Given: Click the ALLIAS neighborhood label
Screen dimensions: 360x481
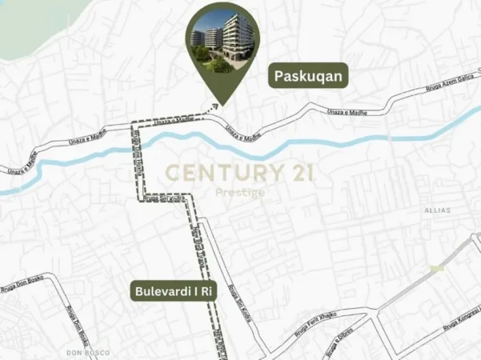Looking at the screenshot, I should click(x=438, y=210).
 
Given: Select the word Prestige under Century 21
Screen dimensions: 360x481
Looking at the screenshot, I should click(x=241, y=192).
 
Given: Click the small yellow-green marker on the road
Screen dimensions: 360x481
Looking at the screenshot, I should click(x=437, y=268).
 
